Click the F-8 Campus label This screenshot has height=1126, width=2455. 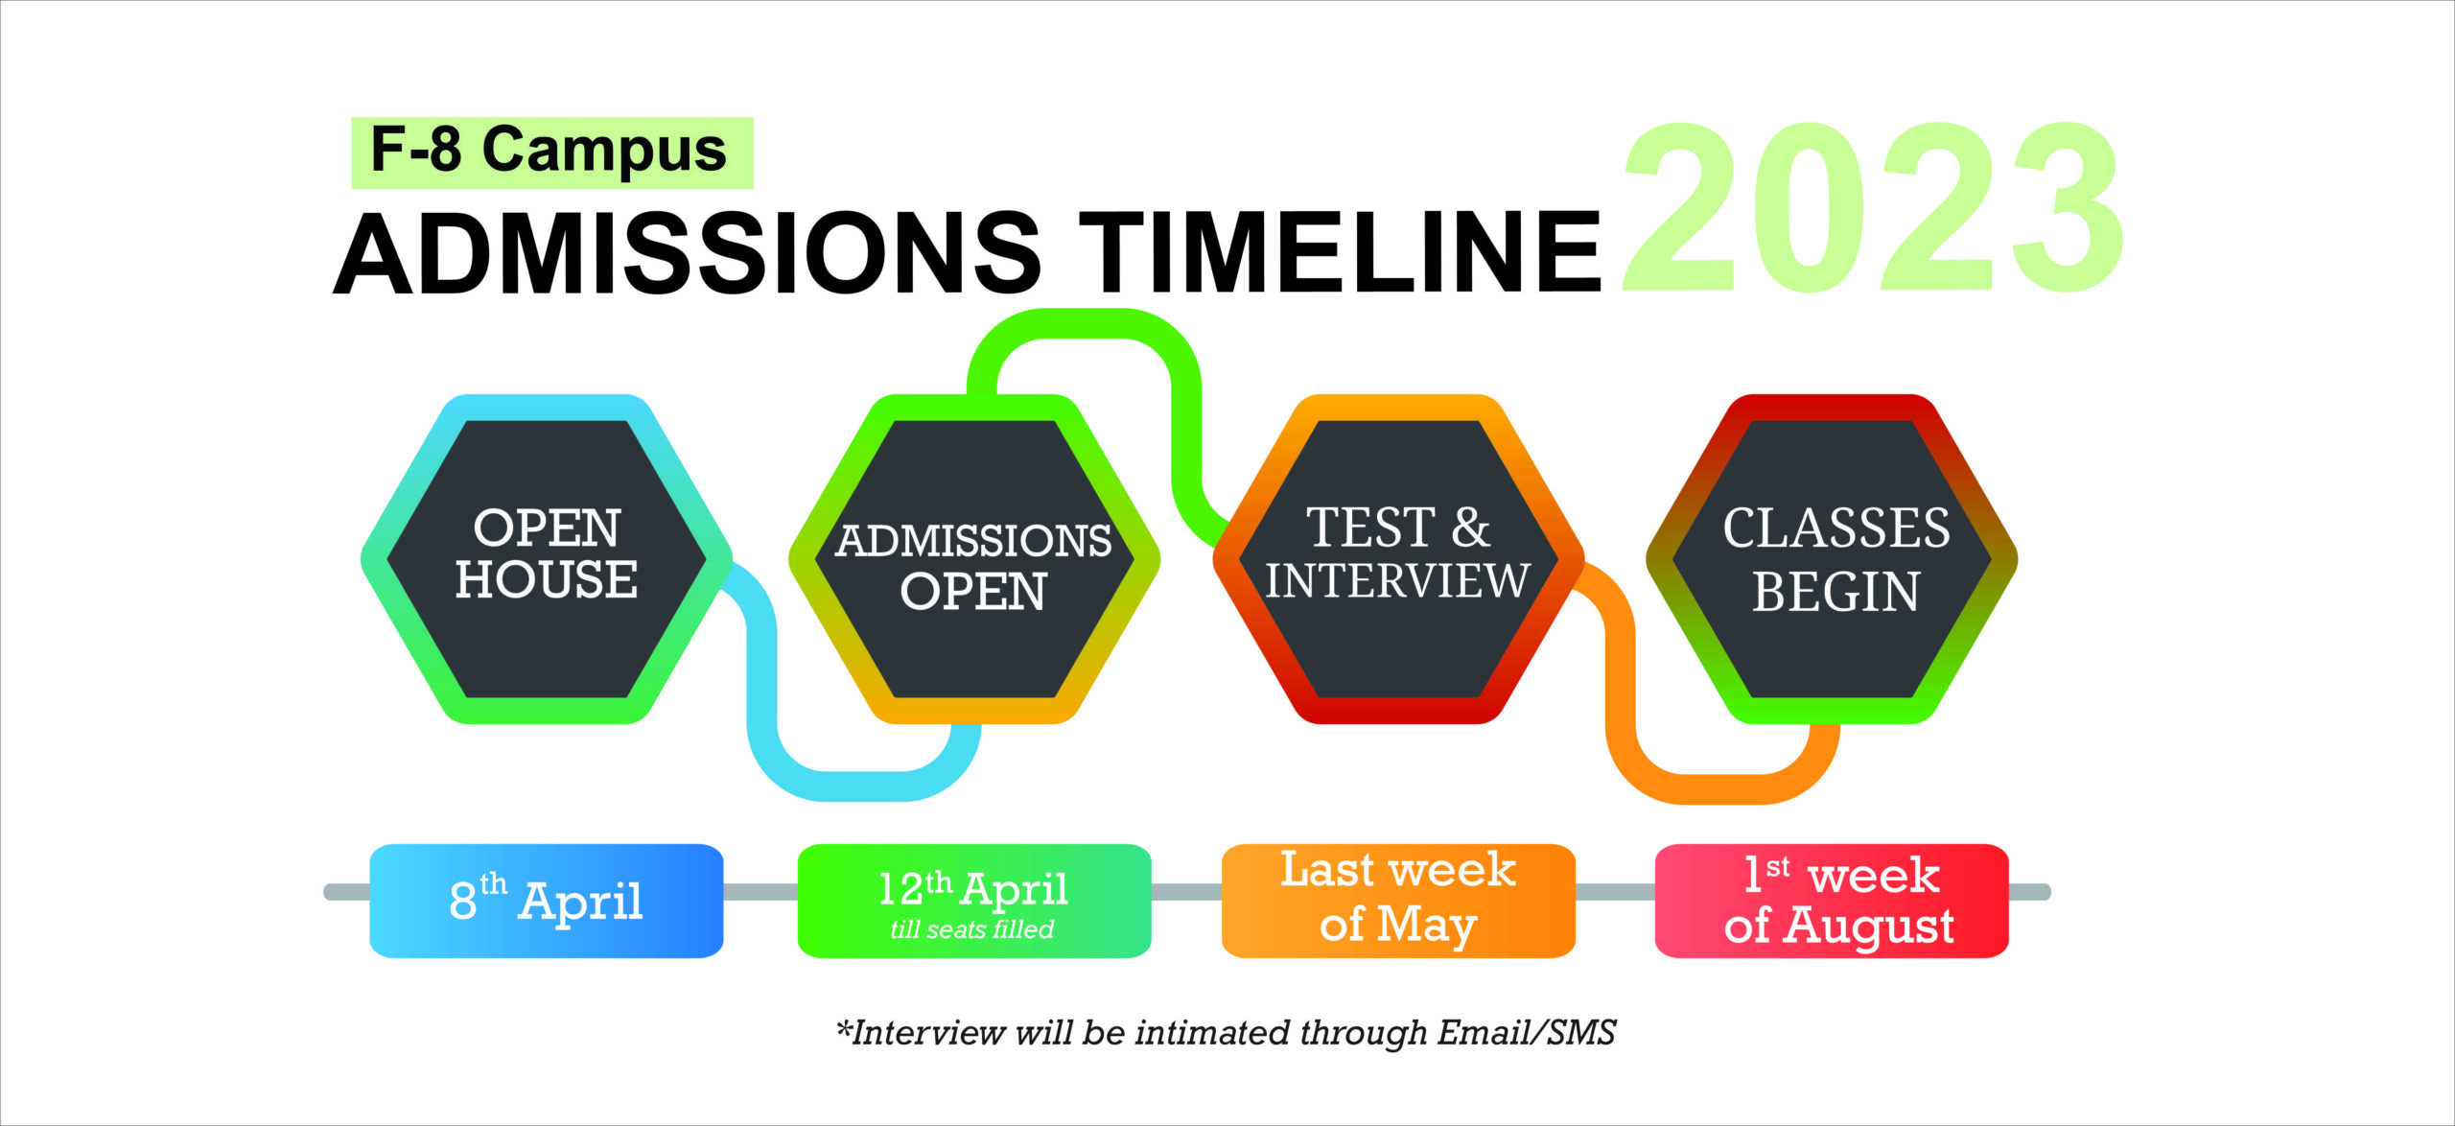(x=551, y=152)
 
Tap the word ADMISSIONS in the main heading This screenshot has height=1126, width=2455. (x=688, y=253)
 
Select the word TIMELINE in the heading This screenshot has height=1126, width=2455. (x=1341, y=252)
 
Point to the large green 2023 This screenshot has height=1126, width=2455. (x=1873, y=207)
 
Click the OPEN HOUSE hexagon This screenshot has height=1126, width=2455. (x=547, y=559)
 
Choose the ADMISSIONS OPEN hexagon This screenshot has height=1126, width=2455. (x=974, y=559)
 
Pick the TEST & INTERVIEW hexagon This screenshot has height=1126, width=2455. (x=1398, y=559)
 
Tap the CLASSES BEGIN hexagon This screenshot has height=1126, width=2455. (x=1832, y=559)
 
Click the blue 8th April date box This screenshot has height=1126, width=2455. (x=547, y=901)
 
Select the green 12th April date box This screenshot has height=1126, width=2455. (x=974, y=901)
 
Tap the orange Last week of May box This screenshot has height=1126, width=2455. (x=1398, y=901)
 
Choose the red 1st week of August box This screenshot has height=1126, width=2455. (x=1832, y=901)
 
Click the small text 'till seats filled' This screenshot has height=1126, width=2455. (x=972, y=929)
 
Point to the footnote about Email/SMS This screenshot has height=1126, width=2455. (x=1227, y=1033)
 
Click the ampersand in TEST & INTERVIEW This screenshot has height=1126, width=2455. (x=1470, y=528)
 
